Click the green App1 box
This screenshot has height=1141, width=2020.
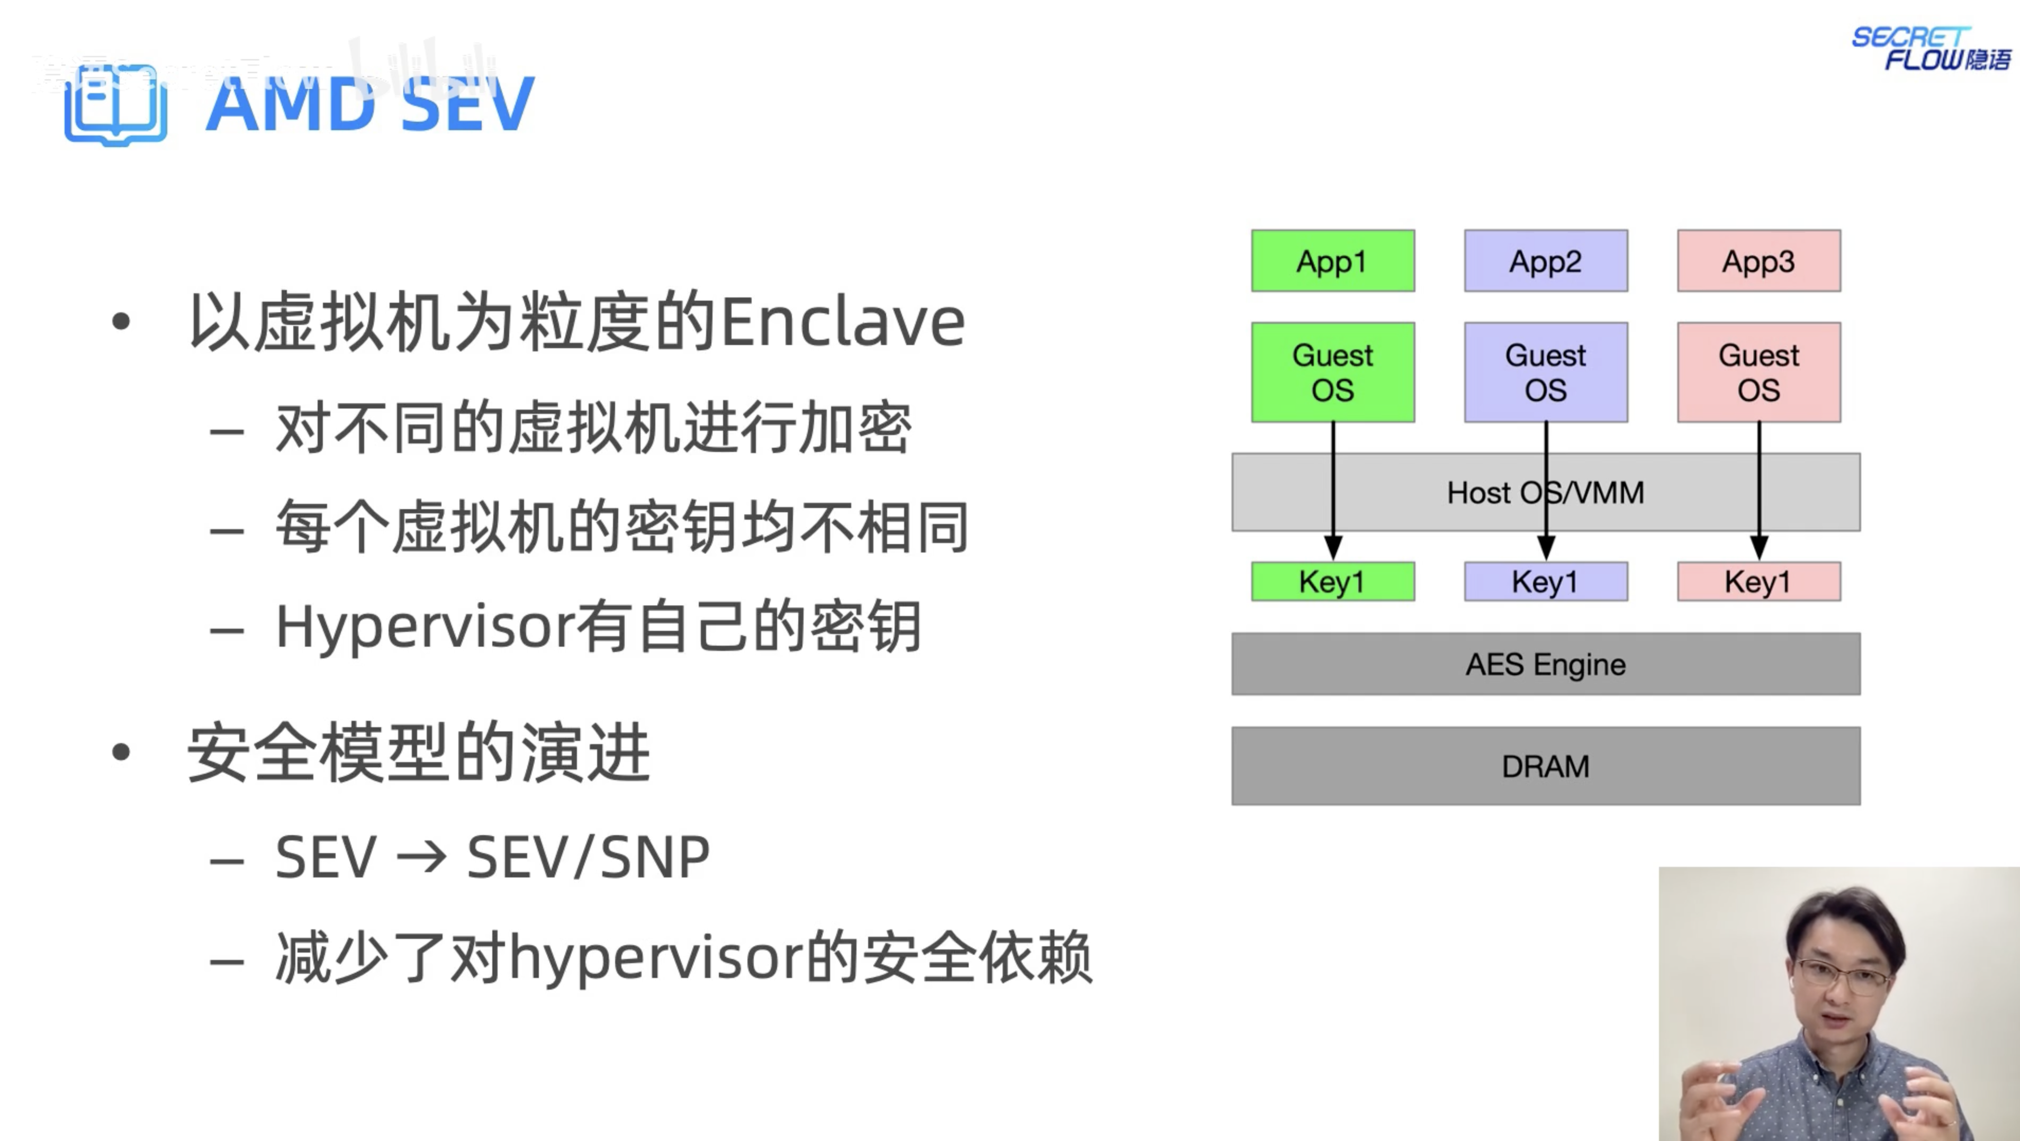[1332, 261]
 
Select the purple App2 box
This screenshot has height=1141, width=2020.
[1546, 261]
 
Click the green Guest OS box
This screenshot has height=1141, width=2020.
[1332, 373]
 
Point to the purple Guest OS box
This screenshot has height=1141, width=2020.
[1546, 373]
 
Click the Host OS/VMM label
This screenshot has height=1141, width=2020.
[1545, 493]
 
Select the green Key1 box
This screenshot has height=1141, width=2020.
[1332, 582]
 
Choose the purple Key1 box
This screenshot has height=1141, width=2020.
[1546, 582]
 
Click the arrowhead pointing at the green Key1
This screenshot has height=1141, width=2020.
[1332, 547]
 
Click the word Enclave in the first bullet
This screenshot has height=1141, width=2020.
[842, 322]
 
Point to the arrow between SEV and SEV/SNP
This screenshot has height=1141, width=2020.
[421, 857]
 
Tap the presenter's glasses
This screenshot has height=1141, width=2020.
[1843, 975]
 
